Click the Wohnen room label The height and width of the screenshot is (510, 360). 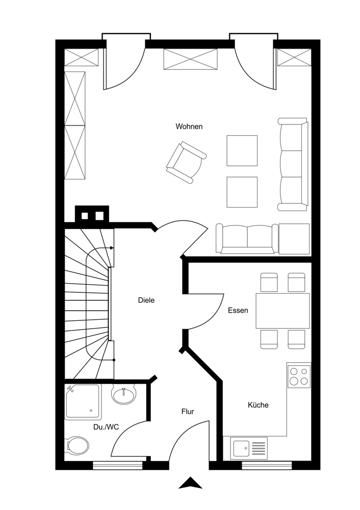[x=189, y=126]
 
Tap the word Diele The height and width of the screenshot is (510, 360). [x=146, y=300]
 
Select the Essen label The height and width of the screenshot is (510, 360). [x=238, y=310]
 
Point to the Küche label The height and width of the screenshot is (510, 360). [x=258, y=405]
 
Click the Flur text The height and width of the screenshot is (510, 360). [x=188, y=412]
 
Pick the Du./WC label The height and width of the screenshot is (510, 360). [x=106, y=427]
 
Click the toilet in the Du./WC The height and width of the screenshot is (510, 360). [x=78, y=445]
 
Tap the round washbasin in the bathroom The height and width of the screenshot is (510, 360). [x=123, y=394]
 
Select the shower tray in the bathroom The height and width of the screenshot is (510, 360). [x=83, y=402]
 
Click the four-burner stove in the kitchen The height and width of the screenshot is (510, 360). [x=299, y=376]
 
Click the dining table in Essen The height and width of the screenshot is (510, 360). [x=282, y=311]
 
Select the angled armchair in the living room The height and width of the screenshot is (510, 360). [x=186, y=162]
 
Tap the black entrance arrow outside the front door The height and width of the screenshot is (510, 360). [x=191, y=482]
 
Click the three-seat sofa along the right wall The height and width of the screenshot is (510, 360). [x=293, y=164]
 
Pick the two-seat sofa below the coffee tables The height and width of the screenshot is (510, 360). [x=247, y=239]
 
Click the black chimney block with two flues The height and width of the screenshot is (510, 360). [x=92, y=214]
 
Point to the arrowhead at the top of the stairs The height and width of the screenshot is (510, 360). [x=112, y=248]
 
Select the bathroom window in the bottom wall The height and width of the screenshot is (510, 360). [x=118, y=466]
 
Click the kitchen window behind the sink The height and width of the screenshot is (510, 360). [x=267, y=466]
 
